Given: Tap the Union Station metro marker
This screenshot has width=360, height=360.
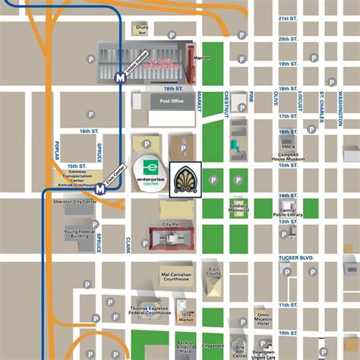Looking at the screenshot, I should click(119, 77).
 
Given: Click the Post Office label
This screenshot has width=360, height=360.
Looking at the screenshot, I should click(172, 100).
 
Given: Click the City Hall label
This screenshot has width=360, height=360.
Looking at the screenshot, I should click(172, 225).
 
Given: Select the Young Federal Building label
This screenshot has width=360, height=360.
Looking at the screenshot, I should click(81, 235).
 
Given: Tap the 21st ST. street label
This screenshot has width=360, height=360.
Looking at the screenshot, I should click(287, 17).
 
